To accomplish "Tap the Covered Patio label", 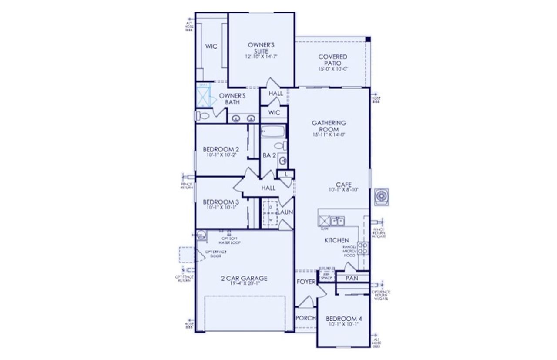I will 332,60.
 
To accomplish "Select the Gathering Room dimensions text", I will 329,135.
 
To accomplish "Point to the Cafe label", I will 343,184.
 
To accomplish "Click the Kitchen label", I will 336,240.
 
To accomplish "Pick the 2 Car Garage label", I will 243,278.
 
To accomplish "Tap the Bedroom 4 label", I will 344,319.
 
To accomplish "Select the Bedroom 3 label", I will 221,202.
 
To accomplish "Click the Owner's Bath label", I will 232,98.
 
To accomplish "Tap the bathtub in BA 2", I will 273,131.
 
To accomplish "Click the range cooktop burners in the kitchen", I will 362,248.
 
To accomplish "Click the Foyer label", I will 306,282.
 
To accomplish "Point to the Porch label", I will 305,318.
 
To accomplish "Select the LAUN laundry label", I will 285,212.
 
